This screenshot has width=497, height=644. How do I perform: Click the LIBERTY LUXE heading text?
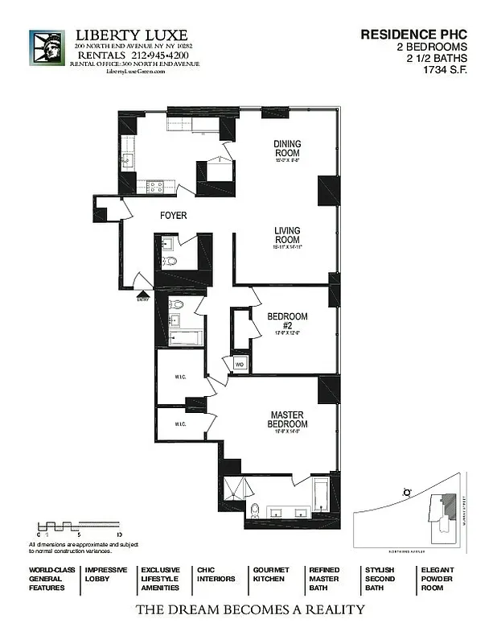131,35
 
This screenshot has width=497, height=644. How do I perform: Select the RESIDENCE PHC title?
413,35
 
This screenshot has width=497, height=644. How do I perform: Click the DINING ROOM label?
287,148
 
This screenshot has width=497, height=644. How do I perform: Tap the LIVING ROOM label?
287,235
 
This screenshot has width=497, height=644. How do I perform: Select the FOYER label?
173,216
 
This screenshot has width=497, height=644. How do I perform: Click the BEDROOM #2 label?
287,321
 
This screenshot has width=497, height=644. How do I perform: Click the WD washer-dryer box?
239,364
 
